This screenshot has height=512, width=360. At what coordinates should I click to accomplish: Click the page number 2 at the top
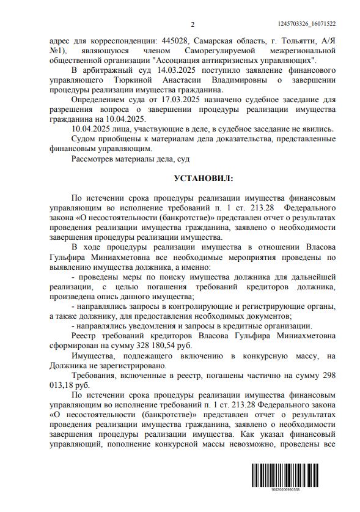[x=192, y=24]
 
